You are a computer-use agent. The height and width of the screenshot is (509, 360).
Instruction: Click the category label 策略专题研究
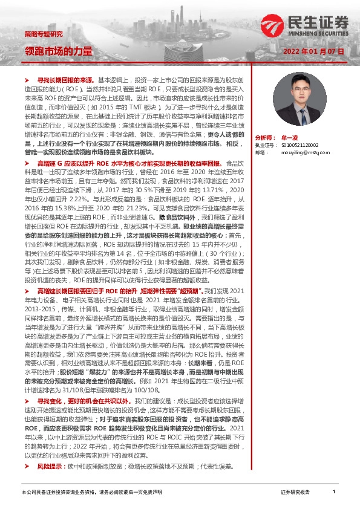pos(43,33)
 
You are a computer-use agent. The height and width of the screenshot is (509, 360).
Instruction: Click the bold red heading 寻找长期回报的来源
pos(66,79)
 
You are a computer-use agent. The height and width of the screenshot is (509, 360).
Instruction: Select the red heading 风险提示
pos(50,467)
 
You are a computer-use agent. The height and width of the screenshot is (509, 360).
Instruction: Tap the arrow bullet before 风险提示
pos(26,467)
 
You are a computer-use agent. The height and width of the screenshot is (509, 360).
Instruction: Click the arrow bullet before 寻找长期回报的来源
pos(26,79)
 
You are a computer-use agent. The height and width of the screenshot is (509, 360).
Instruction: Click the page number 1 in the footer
pos(333,492)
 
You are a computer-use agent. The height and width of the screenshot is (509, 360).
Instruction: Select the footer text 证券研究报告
pos(296,493)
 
